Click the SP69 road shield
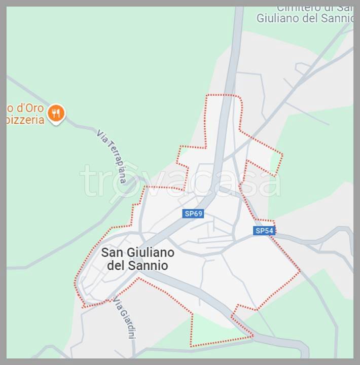click(193, 214)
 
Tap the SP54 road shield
click(264, 231)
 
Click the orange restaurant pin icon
click(56, 113)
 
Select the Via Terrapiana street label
click(111, 157)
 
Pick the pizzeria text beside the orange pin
click(25, 121)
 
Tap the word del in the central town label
click(117, 265)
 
